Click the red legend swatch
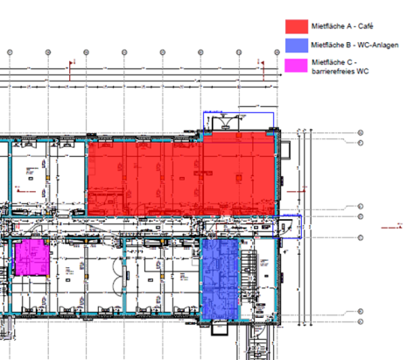[295, 26]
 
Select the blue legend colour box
[295, 44]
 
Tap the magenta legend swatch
[295, 64]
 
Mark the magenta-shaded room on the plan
[31, 259]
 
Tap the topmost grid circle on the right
[361, 132]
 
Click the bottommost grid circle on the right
[361, 311]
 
